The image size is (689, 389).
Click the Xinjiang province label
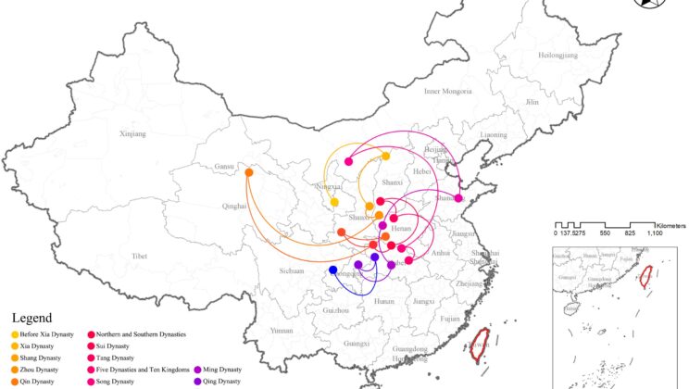point(132,133)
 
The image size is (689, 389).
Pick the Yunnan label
point(256,330)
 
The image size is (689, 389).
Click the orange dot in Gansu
point(249,172)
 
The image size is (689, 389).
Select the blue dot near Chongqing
point(333,270)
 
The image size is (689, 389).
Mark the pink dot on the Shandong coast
point(458,197)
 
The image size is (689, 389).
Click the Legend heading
point(32,318)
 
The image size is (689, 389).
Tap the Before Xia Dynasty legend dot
point(15,333)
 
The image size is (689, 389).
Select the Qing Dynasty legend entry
point(219,381)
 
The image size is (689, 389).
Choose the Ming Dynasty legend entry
point(219,369)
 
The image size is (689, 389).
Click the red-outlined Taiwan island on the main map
point(481,343)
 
